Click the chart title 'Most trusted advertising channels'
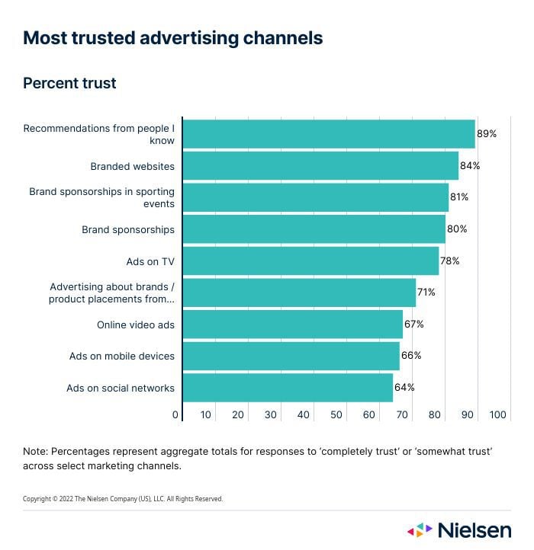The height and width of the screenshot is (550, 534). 172,38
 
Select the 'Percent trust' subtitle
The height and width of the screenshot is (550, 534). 69,83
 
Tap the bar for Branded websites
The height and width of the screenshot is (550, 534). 320,165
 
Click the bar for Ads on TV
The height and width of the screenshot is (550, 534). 310,261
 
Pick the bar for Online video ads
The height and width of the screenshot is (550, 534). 292,324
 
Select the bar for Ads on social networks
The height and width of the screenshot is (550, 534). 288,388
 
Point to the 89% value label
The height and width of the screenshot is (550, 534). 487,133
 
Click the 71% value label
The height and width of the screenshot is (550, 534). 427,293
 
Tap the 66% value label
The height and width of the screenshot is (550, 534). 411,356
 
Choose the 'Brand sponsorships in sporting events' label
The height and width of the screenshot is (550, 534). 101,197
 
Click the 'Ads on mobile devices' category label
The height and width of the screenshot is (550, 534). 121,356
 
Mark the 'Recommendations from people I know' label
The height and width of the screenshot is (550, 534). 98,134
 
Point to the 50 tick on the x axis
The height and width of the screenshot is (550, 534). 336,415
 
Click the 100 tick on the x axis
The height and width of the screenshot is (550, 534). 497,415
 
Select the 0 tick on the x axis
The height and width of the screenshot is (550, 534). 175,415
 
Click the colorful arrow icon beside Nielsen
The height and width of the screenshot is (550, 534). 420,529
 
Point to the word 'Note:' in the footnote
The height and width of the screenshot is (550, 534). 36,452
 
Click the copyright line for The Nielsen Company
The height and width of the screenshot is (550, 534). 123,499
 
